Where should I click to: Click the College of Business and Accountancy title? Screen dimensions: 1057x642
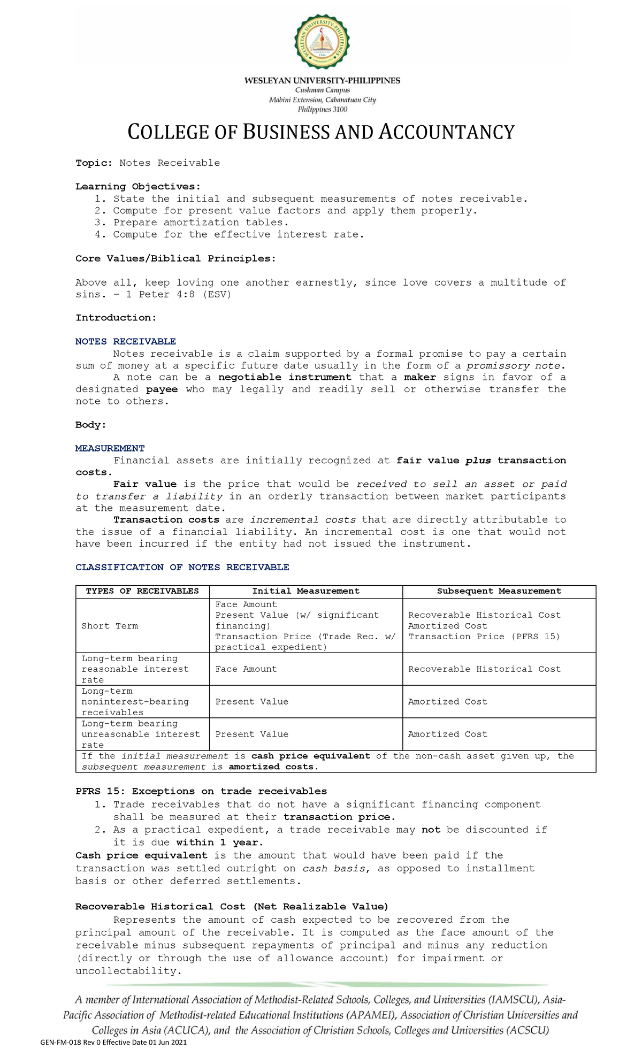point(321,132)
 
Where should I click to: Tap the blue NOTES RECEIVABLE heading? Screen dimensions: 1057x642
point(125,341)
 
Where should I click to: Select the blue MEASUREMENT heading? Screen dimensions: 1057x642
point(110,448)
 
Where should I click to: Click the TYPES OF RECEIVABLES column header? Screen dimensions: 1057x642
point(142,591)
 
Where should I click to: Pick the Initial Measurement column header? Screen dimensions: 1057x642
point(305,591)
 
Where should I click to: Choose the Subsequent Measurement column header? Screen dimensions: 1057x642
point(499,591)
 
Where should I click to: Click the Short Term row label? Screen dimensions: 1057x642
point(109,626)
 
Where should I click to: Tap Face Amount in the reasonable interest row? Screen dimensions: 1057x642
point(246,669)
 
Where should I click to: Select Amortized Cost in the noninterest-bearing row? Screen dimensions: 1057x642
point(447,702)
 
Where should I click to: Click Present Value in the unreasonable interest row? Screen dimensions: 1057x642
point(251,734)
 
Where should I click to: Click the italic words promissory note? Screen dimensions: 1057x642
point(515,366)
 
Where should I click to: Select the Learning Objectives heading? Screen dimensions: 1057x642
point(137,187)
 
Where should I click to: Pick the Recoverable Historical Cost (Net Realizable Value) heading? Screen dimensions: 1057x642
point(232,906)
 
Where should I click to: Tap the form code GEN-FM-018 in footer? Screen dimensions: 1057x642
point(60,1043)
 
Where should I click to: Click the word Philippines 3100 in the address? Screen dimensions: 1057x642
point(322,109)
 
